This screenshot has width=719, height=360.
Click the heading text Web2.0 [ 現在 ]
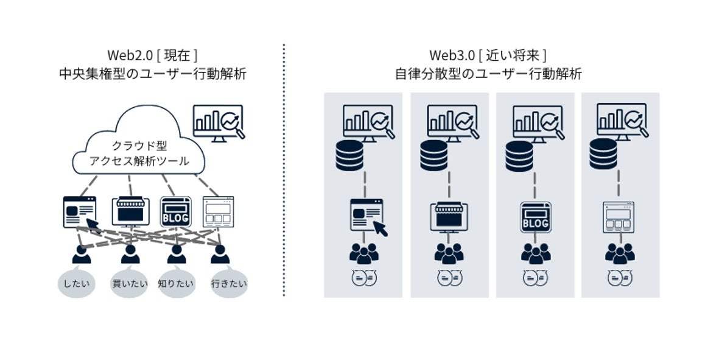tap(152, 55)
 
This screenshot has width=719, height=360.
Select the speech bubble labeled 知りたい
tap(176, 283)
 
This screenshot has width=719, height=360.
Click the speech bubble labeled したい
tap(77, 283)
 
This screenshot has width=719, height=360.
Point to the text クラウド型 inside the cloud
tap(139, 146)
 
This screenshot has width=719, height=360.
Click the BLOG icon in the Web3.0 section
tap(535, 216)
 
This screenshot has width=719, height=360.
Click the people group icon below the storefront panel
tap(449, 252)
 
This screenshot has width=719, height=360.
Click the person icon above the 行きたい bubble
tap(220, 254)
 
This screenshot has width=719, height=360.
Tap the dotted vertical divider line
tap(284, 171)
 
